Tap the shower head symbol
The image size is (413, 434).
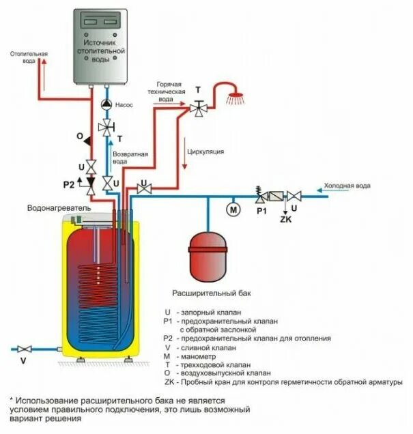tap(236, 98)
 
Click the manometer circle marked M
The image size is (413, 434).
tap(233, 208)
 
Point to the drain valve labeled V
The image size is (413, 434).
tap(25, 348)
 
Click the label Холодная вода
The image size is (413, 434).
tap(347, 185)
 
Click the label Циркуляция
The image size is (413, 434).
tap(205, 151)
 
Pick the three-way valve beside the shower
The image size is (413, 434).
tap(198, 107)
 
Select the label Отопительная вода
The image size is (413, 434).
tap(29, 57)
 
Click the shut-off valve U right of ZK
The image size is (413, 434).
tap(295, 196)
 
